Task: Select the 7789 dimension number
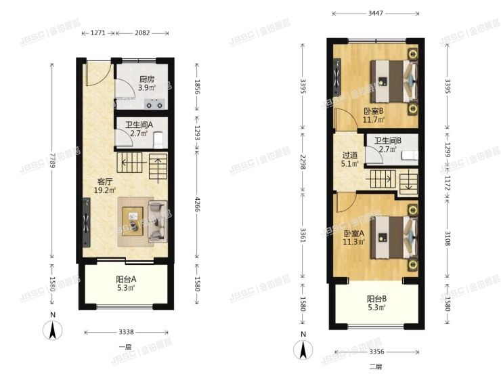pos(51,163)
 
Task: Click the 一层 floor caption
pos(125,346)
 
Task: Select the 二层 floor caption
pos(376,367)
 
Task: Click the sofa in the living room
pos(157,220)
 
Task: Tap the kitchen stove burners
pos(156,104)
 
